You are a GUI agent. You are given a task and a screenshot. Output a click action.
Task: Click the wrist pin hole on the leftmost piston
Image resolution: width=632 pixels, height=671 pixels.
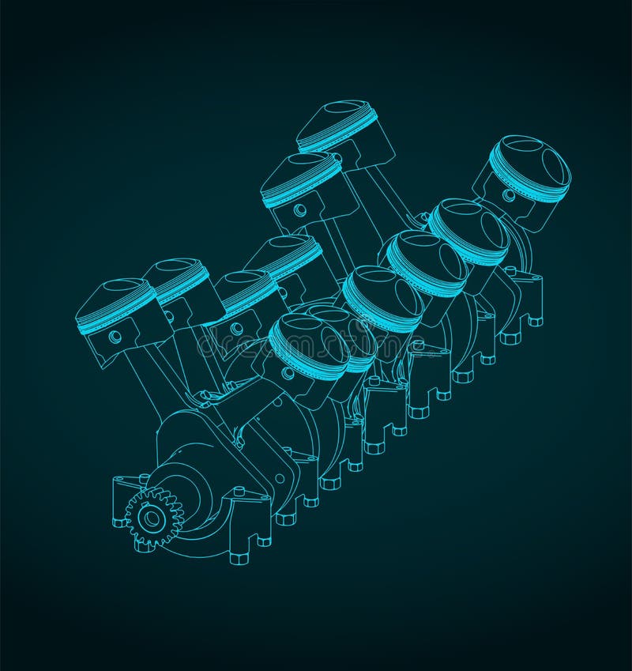[116, 337]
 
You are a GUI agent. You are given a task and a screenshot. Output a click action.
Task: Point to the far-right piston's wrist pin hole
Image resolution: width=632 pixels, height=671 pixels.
[509, 194]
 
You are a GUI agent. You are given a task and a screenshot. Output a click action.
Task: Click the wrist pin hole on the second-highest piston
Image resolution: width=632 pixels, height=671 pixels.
[300, 210]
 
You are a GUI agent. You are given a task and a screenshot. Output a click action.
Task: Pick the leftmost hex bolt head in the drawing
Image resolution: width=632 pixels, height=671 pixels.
[118, 522]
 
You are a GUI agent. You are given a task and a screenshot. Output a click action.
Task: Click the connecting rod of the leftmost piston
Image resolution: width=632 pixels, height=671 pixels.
[146, 379]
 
